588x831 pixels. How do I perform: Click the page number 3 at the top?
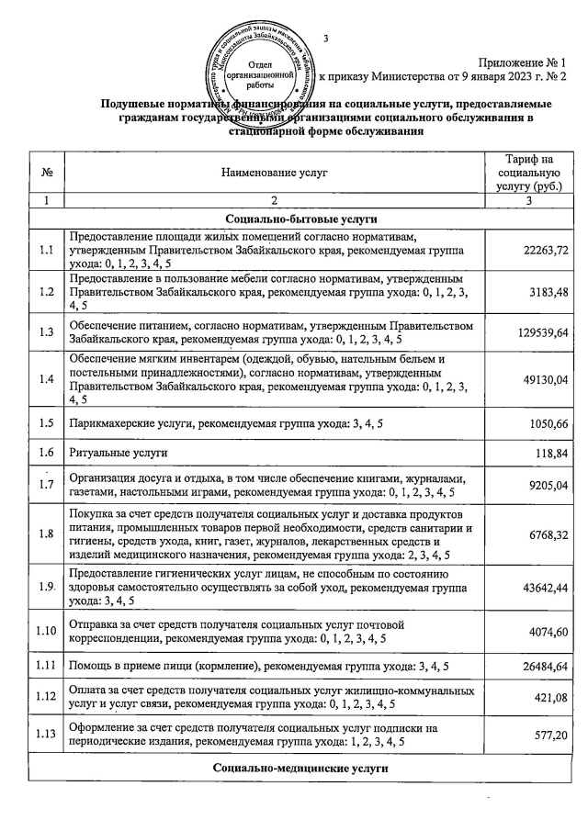tap(326, 39)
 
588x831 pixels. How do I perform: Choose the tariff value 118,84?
tap(548, 454)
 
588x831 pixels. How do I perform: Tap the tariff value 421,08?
tap(548, 697)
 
